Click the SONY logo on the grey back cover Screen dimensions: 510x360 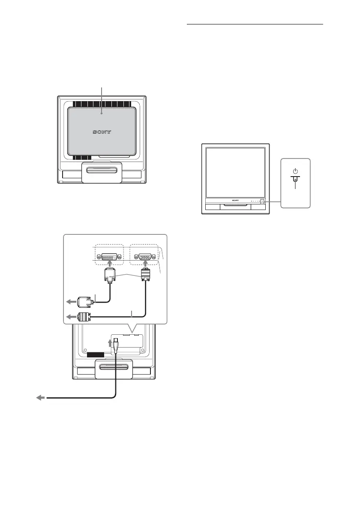point(102,132)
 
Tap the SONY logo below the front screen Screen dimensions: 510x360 point(235,201)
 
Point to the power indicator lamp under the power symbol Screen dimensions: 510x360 point(295,180)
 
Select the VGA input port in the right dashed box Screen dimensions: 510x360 point(144,257)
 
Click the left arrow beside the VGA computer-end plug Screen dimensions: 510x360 point(69,318)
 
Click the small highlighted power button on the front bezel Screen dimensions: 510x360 point(262,201)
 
